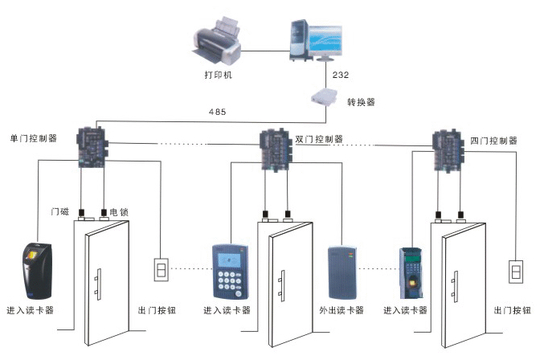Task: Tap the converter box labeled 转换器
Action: [325, 100]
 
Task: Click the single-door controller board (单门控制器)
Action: [93, 145]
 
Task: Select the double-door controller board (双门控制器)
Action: [276, 148]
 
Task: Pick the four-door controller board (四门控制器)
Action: [448, 149]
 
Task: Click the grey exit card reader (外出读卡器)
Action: [341, 272]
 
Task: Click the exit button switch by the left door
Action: [160, 268]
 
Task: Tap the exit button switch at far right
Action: [515, 271]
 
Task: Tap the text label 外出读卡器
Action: [341, 310]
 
